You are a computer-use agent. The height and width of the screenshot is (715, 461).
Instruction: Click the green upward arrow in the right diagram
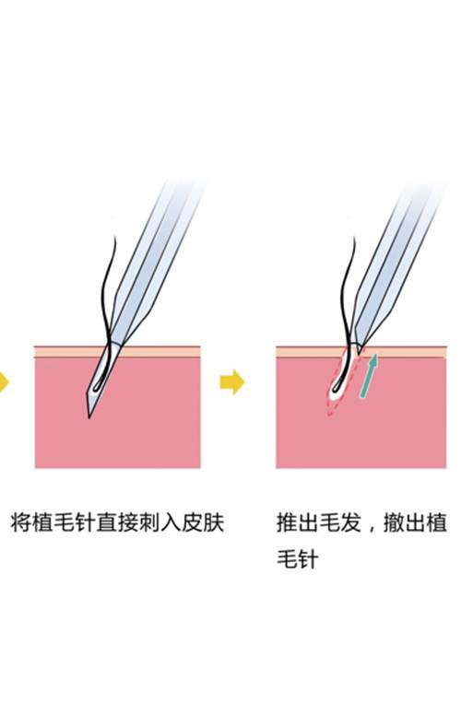(x=369, y=375)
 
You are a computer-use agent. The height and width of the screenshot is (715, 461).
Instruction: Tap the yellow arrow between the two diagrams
(x=231, y=381)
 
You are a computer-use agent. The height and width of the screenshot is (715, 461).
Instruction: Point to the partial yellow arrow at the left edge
(x=4, y=381)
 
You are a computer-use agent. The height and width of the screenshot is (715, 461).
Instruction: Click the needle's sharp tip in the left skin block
(x=89, y=416)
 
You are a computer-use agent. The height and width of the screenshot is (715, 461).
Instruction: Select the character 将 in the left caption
(x=21, y=522)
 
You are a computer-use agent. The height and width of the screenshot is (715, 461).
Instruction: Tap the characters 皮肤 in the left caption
(x=203, y=522)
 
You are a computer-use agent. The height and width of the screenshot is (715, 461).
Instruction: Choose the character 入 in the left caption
(x=171, y=522)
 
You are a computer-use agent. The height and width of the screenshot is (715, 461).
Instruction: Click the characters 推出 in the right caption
(x=298, y=522)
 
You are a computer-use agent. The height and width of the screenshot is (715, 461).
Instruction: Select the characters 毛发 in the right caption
(x=340, y=522)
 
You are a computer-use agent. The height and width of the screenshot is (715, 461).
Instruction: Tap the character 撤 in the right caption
(x=394, y=522)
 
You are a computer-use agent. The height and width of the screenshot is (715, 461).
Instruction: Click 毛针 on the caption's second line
(x=298, y=558)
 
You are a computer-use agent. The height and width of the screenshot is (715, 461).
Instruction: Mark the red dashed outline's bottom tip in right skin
(x=329, y=415)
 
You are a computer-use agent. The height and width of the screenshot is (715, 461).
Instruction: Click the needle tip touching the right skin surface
(x=359, y=352)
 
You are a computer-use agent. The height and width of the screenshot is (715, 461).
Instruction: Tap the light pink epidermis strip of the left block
(x=117, y=352)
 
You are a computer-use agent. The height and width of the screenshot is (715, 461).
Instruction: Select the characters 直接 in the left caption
(x=117, y=522)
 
